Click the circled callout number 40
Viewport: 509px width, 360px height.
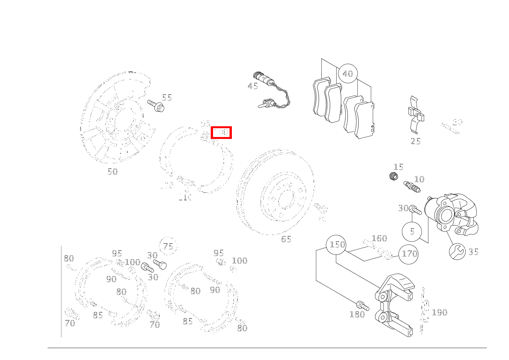pyautogui.click(x=348, y=74)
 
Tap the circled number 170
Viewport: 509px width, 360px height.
pyautogui.click(x=408, y=254)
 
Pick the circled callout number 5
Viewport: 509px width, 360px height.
pyautogui.click(x=412, y=231)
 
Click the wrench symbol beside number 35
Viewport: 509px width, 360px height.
pyautogui.click(x=457, y=252)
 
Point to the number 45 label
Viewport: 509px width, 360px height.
pyautogui.click(x=253, y=86)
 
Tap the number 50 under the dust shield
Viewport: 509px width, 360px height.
pyautogui.click(x=112, y=172)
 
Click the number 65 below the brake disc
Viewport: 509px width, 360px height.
pyautogui.click(x=286, y=239)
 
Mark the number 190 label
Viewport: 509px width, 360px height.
pyautogui.click(x=440, y=312)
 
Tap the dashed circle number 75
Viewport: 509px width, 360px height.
pyautogui.click(x=168, y=246)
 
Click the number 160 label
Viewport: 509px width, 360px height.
pyautogui.click(x=379, y=238)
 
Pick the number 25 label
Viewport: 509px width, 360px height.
pyautogui.click(x=415, y=141)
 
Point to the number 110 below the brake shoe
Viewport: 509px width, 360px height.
pyautogui.click(x=185, y=198)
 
